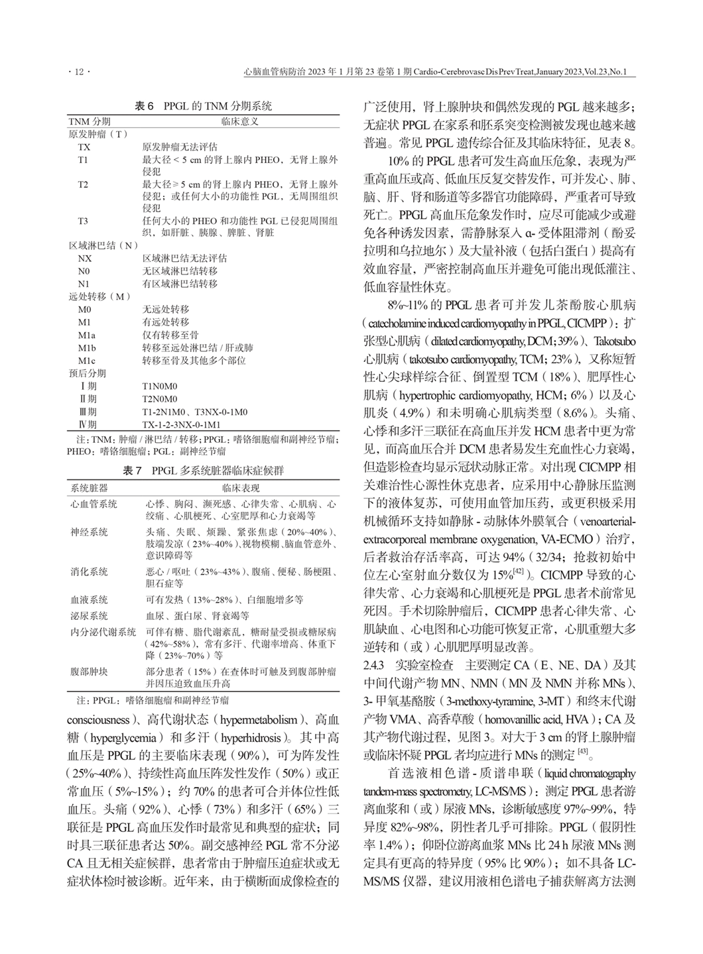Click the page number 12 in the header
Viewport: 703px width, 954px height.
click(x=80, y=72)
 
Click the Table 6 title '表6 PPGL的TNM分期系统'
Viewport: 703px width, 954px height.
click(x=204, y=106)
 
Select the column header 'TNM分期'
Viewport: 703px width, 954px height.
click(x=90, y=121)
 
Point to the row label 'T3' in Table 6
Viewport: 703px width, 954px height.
click(x=83, y=221)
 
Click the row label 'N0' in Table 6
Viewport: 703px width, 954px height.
click(x=84, y=271)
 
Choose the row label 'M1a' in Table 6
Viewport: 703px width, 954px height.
click(x=86, y=335)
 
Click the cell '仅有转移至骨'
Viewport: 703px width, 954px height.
click(x=170, y=335)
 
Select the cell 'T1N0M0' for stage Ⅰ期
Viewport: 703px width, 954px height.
click(x=160, y=386)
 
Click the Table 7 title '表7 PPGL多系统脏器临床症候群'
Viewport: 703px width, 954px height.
click(x=204, y=471)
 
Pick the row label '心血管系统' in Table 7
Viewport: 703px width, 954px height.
click(x=94, y=505)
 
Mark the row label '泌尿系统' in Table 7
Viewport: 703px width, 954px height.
click(x=89, y=616)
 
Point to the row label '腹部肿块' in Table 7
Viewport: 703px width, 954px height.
click(x=89, y=672)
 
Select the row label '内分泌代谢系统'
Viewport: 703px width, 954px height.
click(x=103, y=632)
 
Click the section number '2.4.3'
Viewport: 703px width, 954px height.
click(x=375, y=665)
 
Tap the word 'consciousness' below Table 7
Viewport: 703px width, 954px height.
click(x=98, y=720)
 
